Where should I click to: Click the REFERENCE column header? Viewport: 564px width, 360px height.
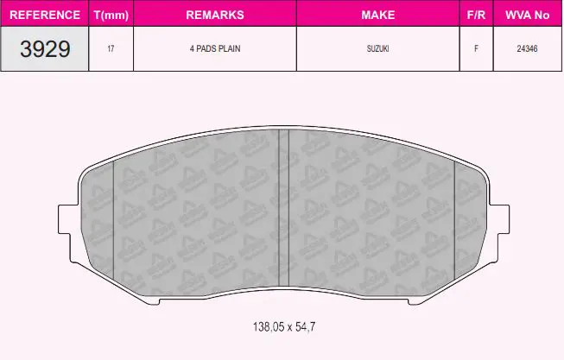point(45,15)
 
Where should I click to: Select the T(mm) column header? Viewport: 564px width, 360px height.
point(111,15)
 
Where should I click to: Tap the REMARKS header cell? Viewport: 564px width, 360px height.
point(215,15)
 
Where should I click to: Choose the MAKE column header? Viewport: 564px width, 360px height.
point(377,15)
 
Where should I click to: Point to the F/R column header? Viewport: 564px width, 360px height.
point(476,15)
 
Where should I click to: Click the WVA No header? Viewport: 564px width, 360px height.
point(528,15)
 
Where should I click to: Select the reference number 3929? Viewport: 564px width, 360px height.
point(45,49)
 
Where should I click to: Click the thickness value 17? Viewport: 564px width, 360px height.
point(111,48)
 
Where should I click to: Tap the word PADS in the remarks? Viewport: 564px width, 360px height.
point(206,48)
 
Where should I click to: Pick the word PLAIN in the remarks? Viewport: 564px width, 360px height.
point(229,48)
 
